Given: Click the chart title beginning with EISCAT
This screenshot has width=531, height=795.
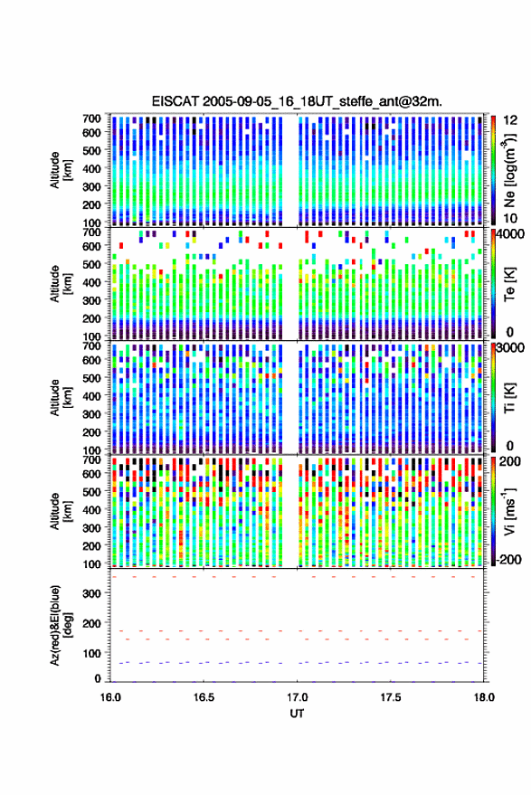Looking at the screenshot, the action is click(297, 101).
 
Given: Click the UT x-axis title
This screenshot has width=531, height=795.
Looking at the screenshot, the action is click(297, 714).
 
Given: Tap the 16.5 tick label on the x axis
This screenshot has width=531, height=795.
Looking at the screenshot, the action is click(204, 697).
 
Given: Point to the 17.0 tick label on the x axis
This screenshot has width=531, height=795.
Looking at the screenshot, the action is click(297, 697).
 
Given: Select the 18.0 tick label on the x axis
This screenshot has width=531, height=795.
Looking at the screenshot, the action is click(484, 697).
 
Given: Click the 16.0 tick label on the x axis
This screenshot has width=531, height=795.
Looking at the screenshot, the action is click(110, 697).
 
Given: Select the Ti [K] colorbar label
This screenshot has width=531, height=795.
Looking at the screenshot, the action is click(509, 398).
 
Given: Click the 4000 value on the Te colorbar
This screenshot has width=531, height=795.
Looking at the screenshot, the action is click(510, 235).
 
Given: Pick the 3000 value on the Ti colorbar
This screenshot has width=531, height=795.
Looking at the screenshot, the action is click(510, 348).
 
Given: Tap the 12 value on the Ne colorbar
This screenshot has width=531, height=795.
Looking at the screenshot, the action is click(510, 120).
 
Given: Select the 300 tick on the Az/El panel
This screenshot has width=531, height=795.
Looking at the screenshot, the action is click(92, 593).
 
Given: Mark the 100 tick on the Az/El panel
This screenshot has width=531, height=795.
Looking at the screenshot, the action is click(92, 653).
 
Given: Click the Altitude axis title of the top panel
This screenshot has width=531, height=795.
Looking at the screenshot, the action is click(61, 170).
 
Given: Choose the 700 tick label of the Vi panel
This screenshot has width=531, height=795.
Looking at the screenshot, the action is click(91, 459).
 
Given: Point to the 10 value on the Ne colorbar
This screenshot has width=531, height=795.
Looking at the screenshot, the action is click(510, 219).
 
